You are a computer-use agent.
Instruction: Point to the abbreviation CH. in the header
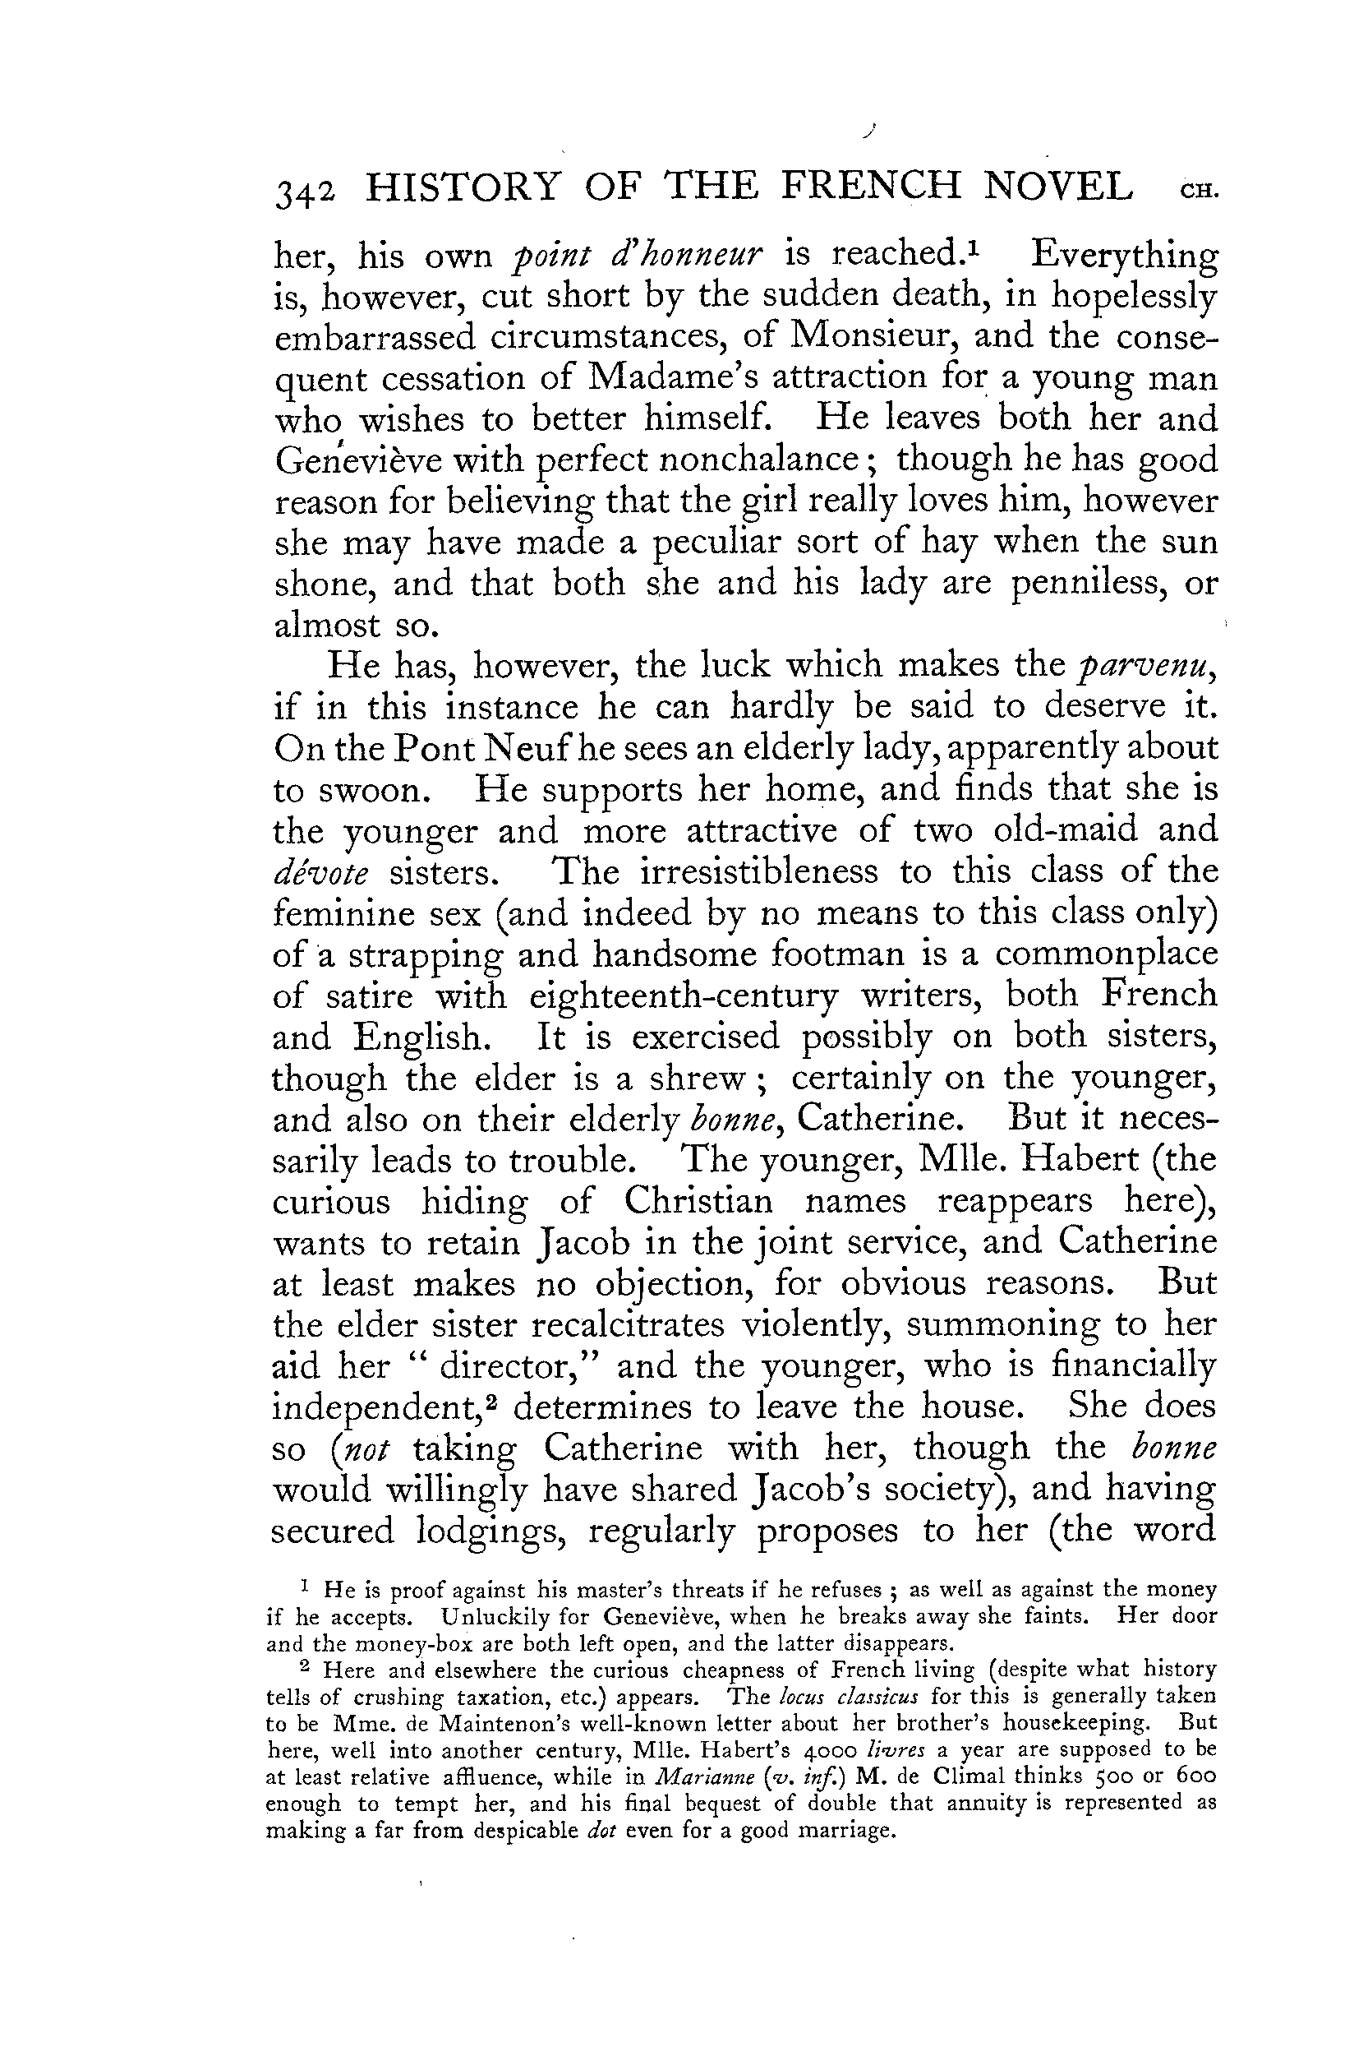[1200, 192]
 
